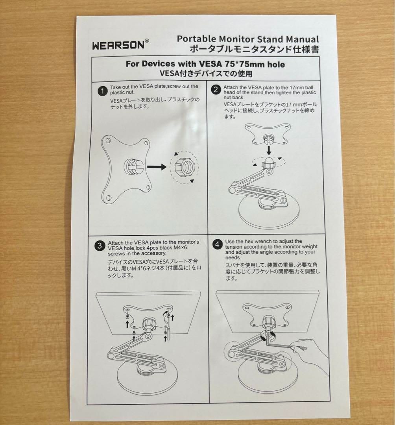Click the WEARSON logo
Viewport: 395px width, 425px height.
pos(118,44)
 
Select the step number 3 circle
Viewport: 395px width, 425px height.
pos(99,247)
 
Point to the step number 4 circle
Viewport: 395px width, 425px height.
pos(217,244)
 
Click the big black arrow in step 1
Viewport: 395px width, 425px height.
pos(157,167)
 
